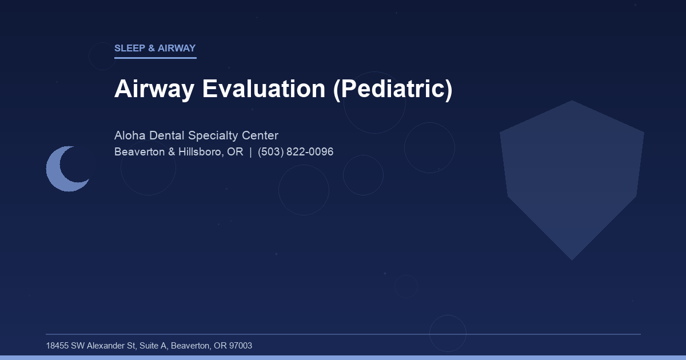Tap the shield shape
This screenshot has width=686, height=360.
[572, 177]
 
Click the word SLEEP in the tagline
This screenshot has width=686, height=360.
[130, 49]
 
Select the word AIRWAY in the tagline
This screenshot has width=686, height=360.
[177, 49]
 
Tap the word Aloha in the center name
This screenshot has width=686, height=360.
[130, 135]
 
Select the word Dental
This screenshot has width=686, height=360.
[167, 135]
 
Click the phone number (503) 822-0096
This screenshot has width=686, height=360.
[296, 152]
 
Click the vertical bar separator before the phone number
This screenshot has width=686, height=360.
[250, 152]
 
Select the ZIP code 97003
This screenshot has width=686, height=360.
[240, 346]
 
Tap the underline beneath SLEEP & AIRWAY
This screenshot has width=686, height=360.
[155, 58]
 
